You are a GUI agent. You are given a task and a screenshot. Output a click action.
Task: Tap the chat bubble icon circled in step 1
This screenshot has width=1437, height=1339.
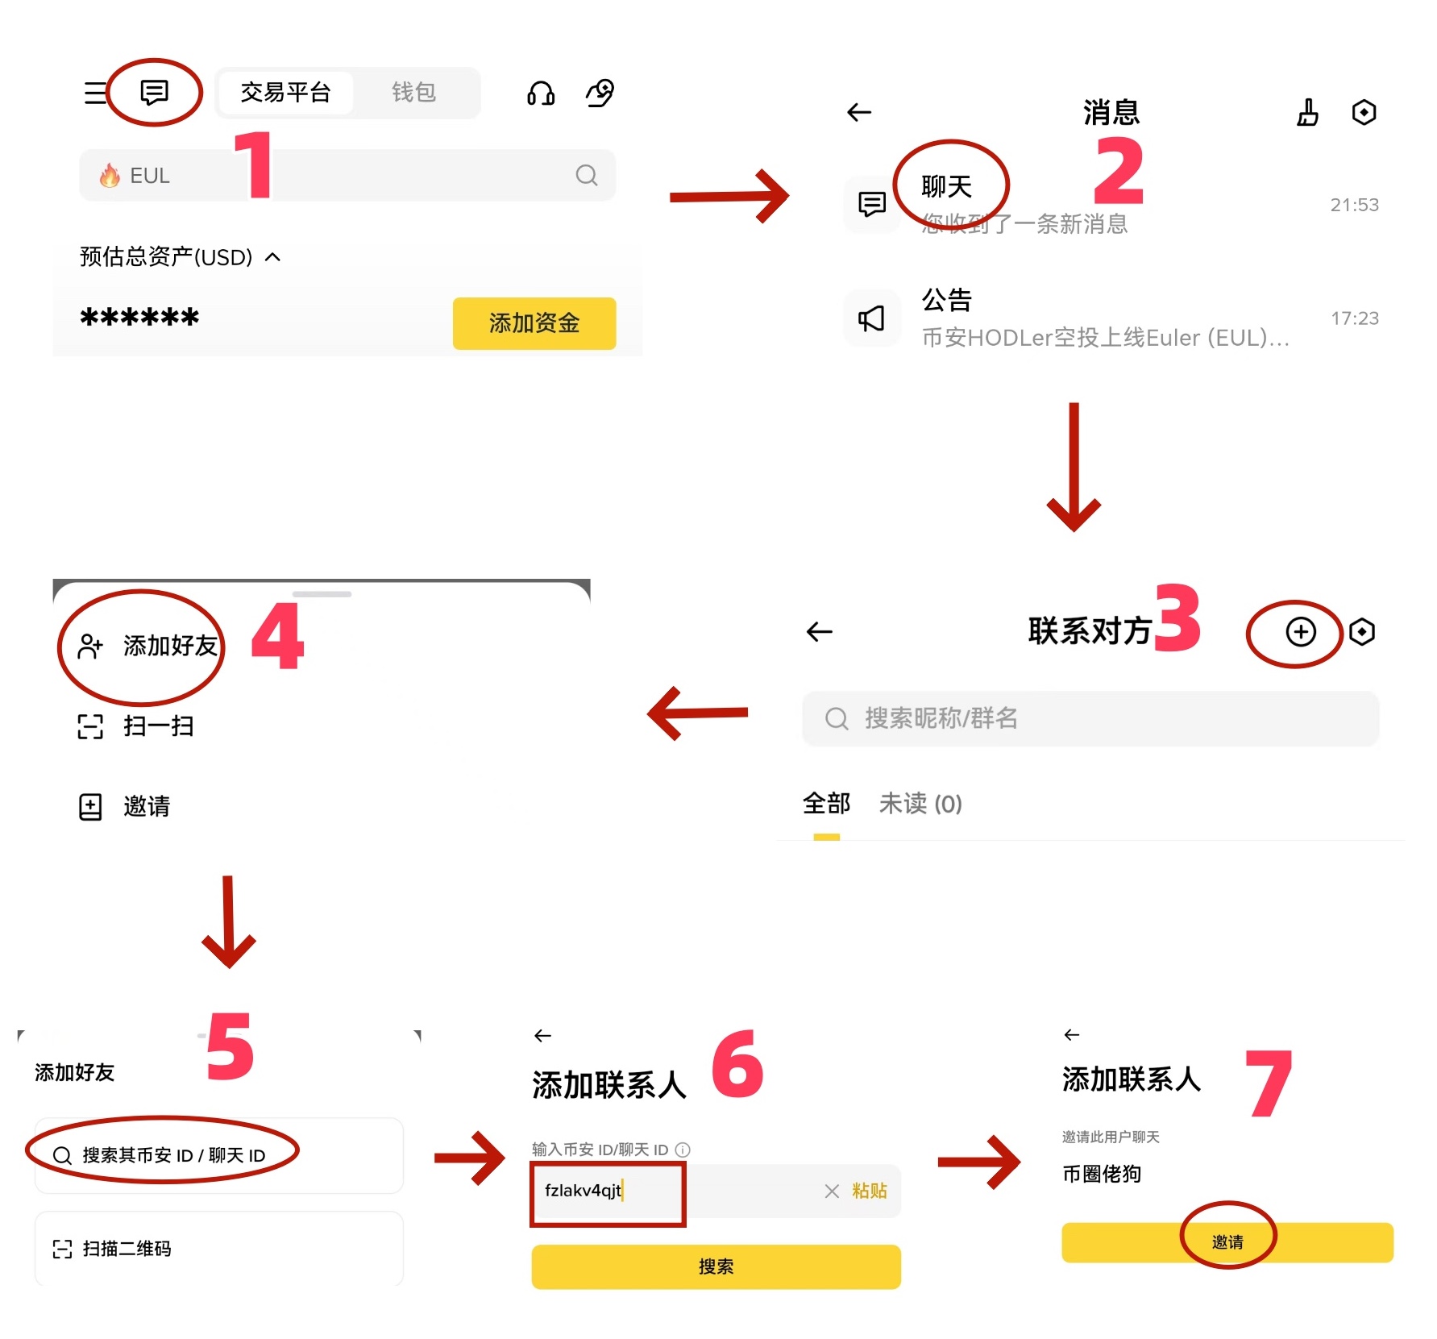click(x=154, y=92)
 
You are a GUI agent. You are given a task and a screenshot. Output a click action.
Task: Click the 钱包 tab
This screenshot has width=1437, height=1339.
click(x=413, y=93)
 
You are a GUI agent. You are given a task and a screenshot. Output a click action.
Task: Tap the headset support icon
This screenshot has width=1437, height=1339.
click(x=540, y=94)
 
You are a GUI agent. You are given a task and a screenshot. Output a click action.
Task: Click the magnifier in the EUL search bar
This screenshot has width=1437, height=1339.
click(x=587, y=175)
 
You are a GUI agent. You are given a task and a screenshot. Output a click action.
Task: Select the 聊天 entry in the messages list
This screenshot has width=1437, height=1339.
click(x=946, y=187)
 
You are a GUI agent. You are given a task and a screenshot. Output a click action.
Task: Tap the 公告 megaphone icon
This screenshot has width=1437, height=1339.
click(x=871, y=318)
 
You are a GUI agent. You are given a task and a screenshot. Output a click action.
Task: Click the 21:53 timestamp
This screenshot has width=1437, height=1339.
click(x=1354, y=205)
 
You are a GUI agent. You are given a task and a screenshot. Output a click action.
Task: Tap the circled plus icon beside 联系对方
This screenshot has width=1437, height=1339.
click(x=1300, y=632)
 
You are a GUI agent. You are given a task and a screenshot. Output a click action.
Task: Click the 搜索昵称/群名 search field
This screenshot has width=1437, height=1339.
click(x=1090, y=717)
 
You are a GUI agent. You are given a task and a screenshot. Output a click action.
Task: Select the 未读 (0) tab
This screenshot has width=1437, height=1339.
click(x=920, y=804)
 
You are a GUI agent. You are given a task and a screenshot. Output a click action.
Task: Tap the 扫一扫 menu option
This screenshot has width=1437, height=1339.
click(x=158, y=726)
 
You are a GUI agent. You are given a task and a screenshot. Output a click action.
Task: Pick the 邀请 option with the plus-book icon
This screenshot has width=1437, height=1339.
click(x=145, y=806)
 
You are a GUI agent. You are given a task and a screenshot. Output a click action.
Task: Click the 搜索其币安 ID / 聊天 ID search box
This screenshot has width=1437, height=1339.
click(x=173, y=1155)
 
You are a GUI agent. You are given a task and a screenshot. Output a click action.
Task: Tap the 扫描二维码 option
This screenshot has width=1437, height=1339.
click(x=127, y=1249)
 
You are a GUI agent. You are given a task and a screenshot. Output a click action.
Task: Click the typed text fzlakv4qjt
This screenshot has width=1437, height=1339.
click(x=583, y=1191)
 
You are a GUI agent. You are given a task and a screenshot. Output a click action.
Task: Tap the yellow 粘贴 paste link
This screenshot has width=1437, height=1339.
click(x=869, y=1191)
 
